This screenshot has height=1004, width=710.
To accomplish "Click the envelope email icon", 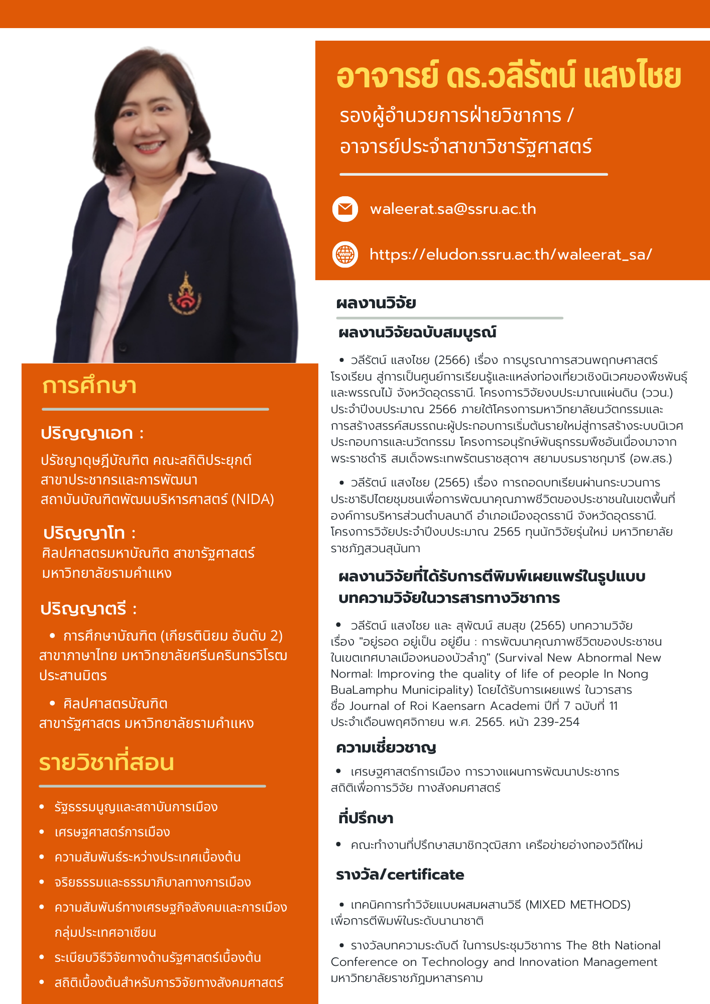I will click(345, 209).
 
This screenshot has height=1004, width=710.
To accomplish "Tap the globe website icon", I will click(345, 254).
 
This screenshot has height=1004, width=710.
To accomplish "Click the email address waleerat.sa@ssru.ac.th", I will click(453, 209).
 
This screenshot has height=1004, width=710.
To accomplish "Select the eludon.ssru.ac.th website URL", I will click(511, 255).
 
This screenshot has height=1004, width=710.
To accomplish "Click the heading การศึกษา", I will click(89, 386).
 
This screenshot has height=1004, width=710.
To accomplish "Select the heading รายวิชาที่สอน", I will click(106, 763).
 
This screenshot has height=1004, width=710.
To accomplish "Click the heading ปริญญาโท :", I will click(89, 533).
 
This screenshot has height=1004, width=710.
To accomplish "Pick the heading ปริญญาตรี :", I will click(88, 609).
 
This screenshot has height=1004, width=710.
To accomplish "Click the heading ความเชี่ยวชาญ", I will click(386, 747).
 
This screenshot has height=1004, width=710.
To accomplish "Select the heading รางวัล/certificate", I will click(400, 874).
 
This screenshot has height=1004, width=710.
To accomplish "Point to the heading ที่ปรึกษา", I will click(366, 818).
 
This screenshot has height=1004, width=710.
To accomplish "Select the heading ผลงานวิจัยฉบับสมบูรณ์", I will click(417, 332).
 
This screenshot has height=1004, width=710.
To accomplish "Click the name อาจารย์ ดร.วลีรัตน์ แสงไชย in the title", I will click(509, 76).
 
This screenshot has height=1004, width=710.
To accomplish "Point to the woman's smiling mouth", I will click(150, 147).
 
